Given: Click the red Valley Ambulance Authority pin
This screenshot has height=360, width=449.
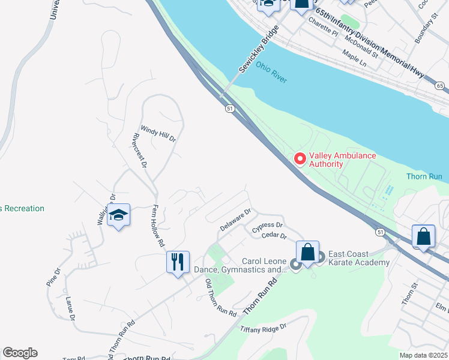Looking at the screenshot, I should [300, 159].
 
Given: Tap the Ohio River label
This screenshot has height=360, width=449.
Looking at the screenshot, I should [271, 72].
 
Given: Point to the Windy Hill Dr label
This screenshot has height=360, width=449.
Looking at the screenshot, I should [158, 133].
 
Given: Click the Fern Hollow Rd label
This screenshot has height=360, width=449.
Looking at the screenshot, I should [158, 226].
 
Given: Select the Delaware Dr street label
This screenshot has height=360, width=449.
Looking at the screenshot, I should [235, 220].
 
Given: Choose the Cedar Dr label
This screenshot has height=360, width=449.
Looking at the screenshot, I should [275, 236].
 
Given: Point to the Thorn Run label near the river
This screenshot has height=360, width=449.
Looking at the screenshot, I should [424, 176].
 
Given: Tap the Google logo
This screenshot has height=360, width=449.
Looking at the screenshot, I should [20, 353].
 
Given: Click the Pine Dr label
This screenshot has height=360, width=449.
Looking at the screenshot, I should [53, 276].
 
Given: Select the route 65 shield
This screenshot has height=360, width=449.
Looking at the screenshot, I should [440, 86].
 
